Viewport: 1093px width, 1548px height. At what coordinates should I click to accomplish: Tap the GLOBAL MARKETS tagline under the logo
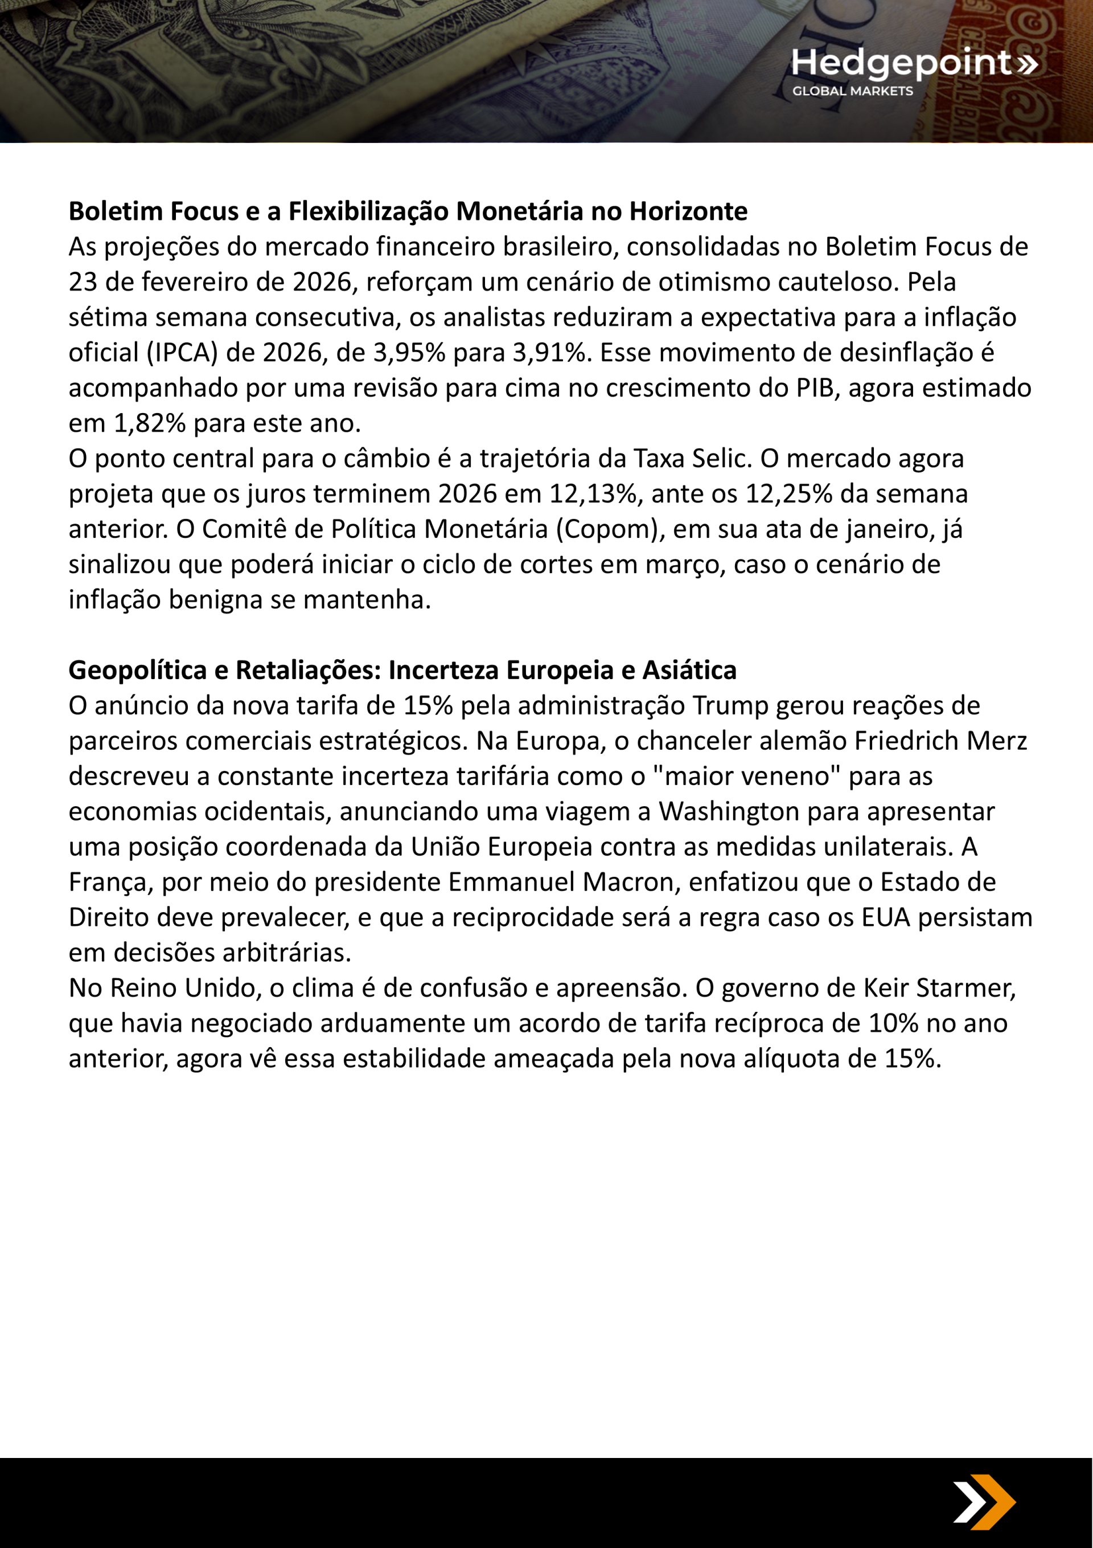coord(852,91)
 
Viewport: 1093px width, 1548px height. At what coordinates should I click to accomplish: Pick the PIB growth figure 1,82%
coord(150,423)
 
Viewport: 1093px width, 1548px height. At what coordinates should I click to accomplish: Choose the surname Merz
coord(999,740)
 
